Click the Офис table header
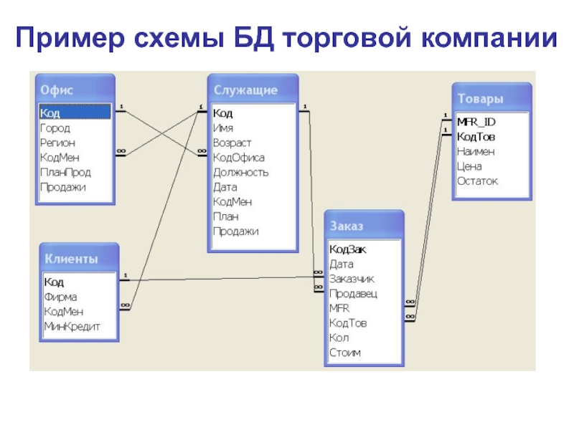(57, 90)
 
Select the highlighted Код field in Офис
(50, 113)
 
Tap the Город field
(55, 128)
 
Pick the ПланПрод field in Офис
(65, 172)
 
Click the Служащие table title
(245, 90)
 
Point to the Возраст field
(232, 143)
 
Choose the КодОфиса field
(239, 158)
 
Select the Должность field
(240, 172)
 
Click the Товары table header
(480, 98)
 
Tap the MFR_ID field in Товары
(476, 122)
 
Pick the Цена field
(469, 166)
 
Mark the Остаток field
(477, 181)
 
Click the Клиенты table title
(71, 259)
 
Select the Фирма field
(60, 297)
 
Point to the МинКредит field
(72, 326)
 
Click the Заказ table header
(347, 226)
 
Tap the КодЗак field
(347, 249)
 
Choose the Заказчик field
(352, 279)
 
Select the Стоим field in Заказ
(345, 353)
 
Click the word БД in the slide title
(254, 38)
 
